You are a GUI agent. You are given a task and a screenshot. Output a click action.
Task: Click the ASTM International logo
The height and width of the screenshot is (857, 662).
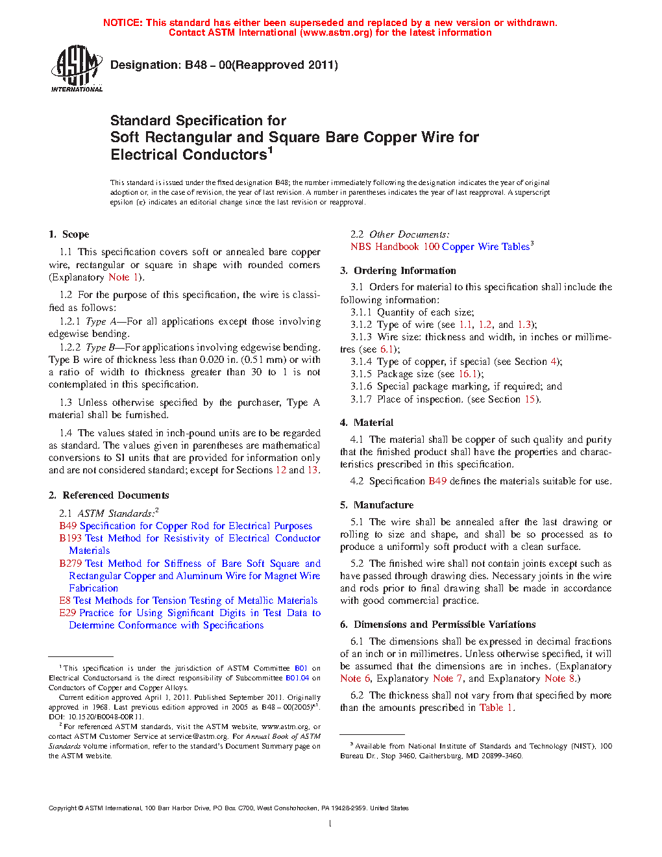coord(77,68)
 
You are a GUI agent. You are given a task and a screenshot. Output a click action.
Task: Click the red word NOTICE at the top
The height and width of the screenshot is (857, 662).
coord(123,23)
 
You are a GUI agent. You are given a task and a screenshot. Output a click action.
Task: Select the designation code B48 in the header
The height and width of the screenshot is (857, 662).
coord(196,65)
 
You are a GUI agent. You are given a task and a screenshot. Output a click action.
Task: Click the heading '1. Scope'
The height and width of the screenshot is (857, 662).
coord(69,234)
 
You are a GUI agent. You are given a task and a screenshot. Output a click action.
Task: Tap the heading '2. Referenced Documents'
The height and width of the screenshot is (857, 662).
coord(108,495)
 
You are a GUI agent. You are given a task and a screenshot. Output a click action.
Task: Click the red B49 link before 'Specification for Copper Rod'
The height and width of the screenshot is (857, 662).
coord(67,526)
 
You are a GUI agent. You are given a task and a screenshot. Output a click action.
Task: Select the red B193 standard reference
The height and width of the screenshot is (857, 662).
coord(70,538)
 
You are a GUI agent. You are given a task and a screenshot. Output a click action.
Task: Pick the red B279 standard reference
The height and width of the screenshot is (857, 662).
coord(70,564)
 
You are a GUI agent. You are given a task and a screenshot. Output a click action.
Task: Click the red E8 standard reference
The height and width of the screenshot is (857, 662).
coord(65,601)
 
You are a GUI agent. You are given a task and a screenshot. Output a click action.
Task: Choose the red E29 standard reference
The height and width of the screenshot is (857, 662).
coord(67,613)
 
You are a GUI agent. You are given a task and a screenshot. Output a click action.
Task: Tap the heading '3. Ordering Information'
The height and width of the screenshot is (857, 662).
coord(398,271)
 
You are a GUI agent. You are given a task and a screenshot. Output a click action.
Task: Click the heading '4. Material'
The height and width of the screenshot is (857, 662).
coord(367,423)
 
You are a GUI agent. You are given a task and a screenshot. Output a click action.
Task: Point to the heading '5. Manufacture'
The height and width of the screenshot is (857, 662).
coord(376,505)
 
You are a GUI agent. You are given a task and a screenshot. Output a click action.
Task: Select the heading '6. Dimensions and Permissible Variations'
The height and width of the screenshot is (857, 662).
coord(437,625)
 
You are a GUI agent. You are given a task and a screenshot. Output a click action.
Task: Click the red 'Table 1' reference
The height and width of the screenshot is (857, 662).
coord(496,708)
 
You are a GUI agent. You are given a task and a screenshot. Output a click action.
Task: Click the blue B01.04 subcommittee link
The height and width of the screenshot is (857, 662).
coord(297,678)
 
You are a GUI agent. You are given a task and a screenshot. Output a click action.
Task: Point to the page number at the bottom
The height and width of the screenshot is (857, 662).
coord(330,824)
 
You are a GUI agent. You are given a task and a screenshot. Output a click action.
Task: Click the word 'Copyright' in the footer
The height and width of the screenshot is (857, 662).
coord(62,808)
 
